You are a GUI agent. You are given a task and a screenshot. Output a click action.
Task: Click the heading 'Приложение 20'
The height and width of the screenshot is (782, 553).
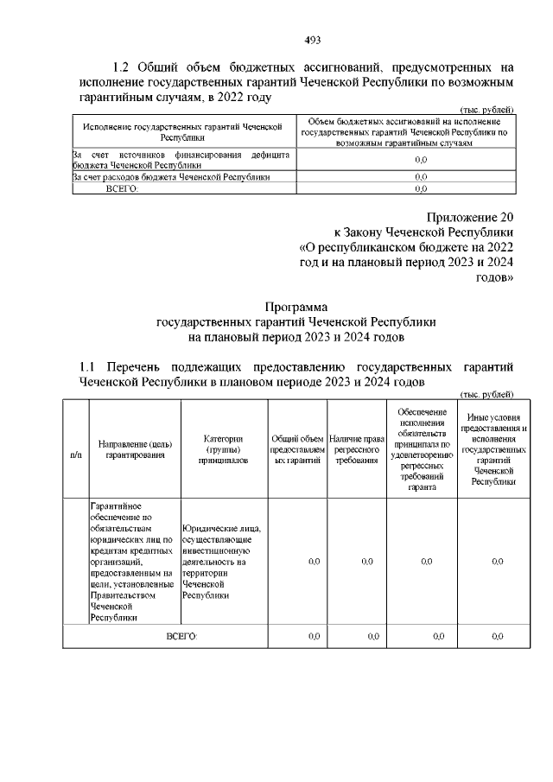pos(470,217)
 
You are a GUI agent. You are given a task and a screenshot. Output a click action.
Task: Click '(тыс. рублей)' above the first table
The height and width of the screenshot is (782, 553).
pos(486,109)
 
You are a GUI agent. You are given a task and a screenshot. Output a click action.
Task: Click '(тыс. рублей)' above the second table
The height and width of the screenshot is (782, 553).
pos(486,394)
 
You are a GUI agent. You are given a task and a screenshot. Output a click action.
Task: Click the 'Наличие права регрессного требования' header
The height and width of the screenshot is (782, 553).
pos(356,449)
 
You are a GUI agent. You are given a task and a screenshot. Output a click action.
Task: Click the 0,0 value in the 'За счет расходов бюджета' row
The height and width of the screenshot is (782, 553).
pos(421,176)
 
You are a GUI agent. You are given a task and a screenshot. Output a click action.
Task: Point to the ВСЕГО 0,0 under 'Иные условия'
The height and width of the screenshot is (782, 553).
pos(497,636)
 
